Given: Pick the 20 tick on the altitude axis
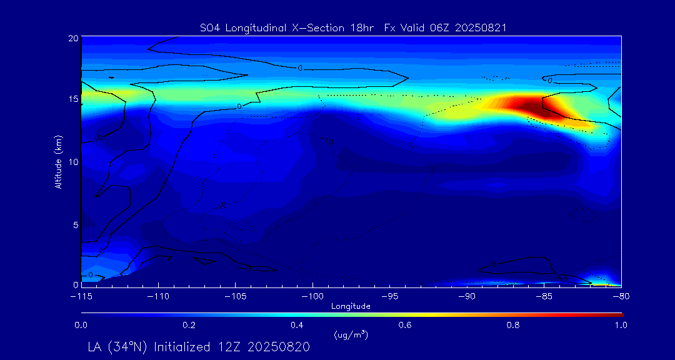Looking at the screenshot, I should pyautogui.click(x=72, y=38).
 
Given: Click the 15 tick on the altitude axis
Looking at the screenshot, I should pyautogui.click(x=72, y=99).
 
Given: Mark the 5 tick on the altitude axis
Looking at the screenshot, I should pyautogui.click(x=74, y=224).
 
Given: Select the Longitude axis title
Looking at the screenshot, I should pyautogui.click(x=351, y=306).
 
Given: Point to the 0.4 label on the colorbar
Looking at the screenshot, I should pyautogui.click(x=297, y=325).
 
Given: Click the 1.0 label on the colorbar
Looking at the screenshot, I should pyautogui.click(x=621, y=325).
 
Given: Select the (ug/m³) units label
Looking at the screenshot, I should pyautogui.click(x=351, y=336).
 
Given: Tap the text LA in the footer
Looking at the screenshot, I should pyautogui.click(x=94, y=346).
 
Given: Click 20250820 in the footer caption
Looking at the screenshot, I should pyautogui.click(x=279, y=346).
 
